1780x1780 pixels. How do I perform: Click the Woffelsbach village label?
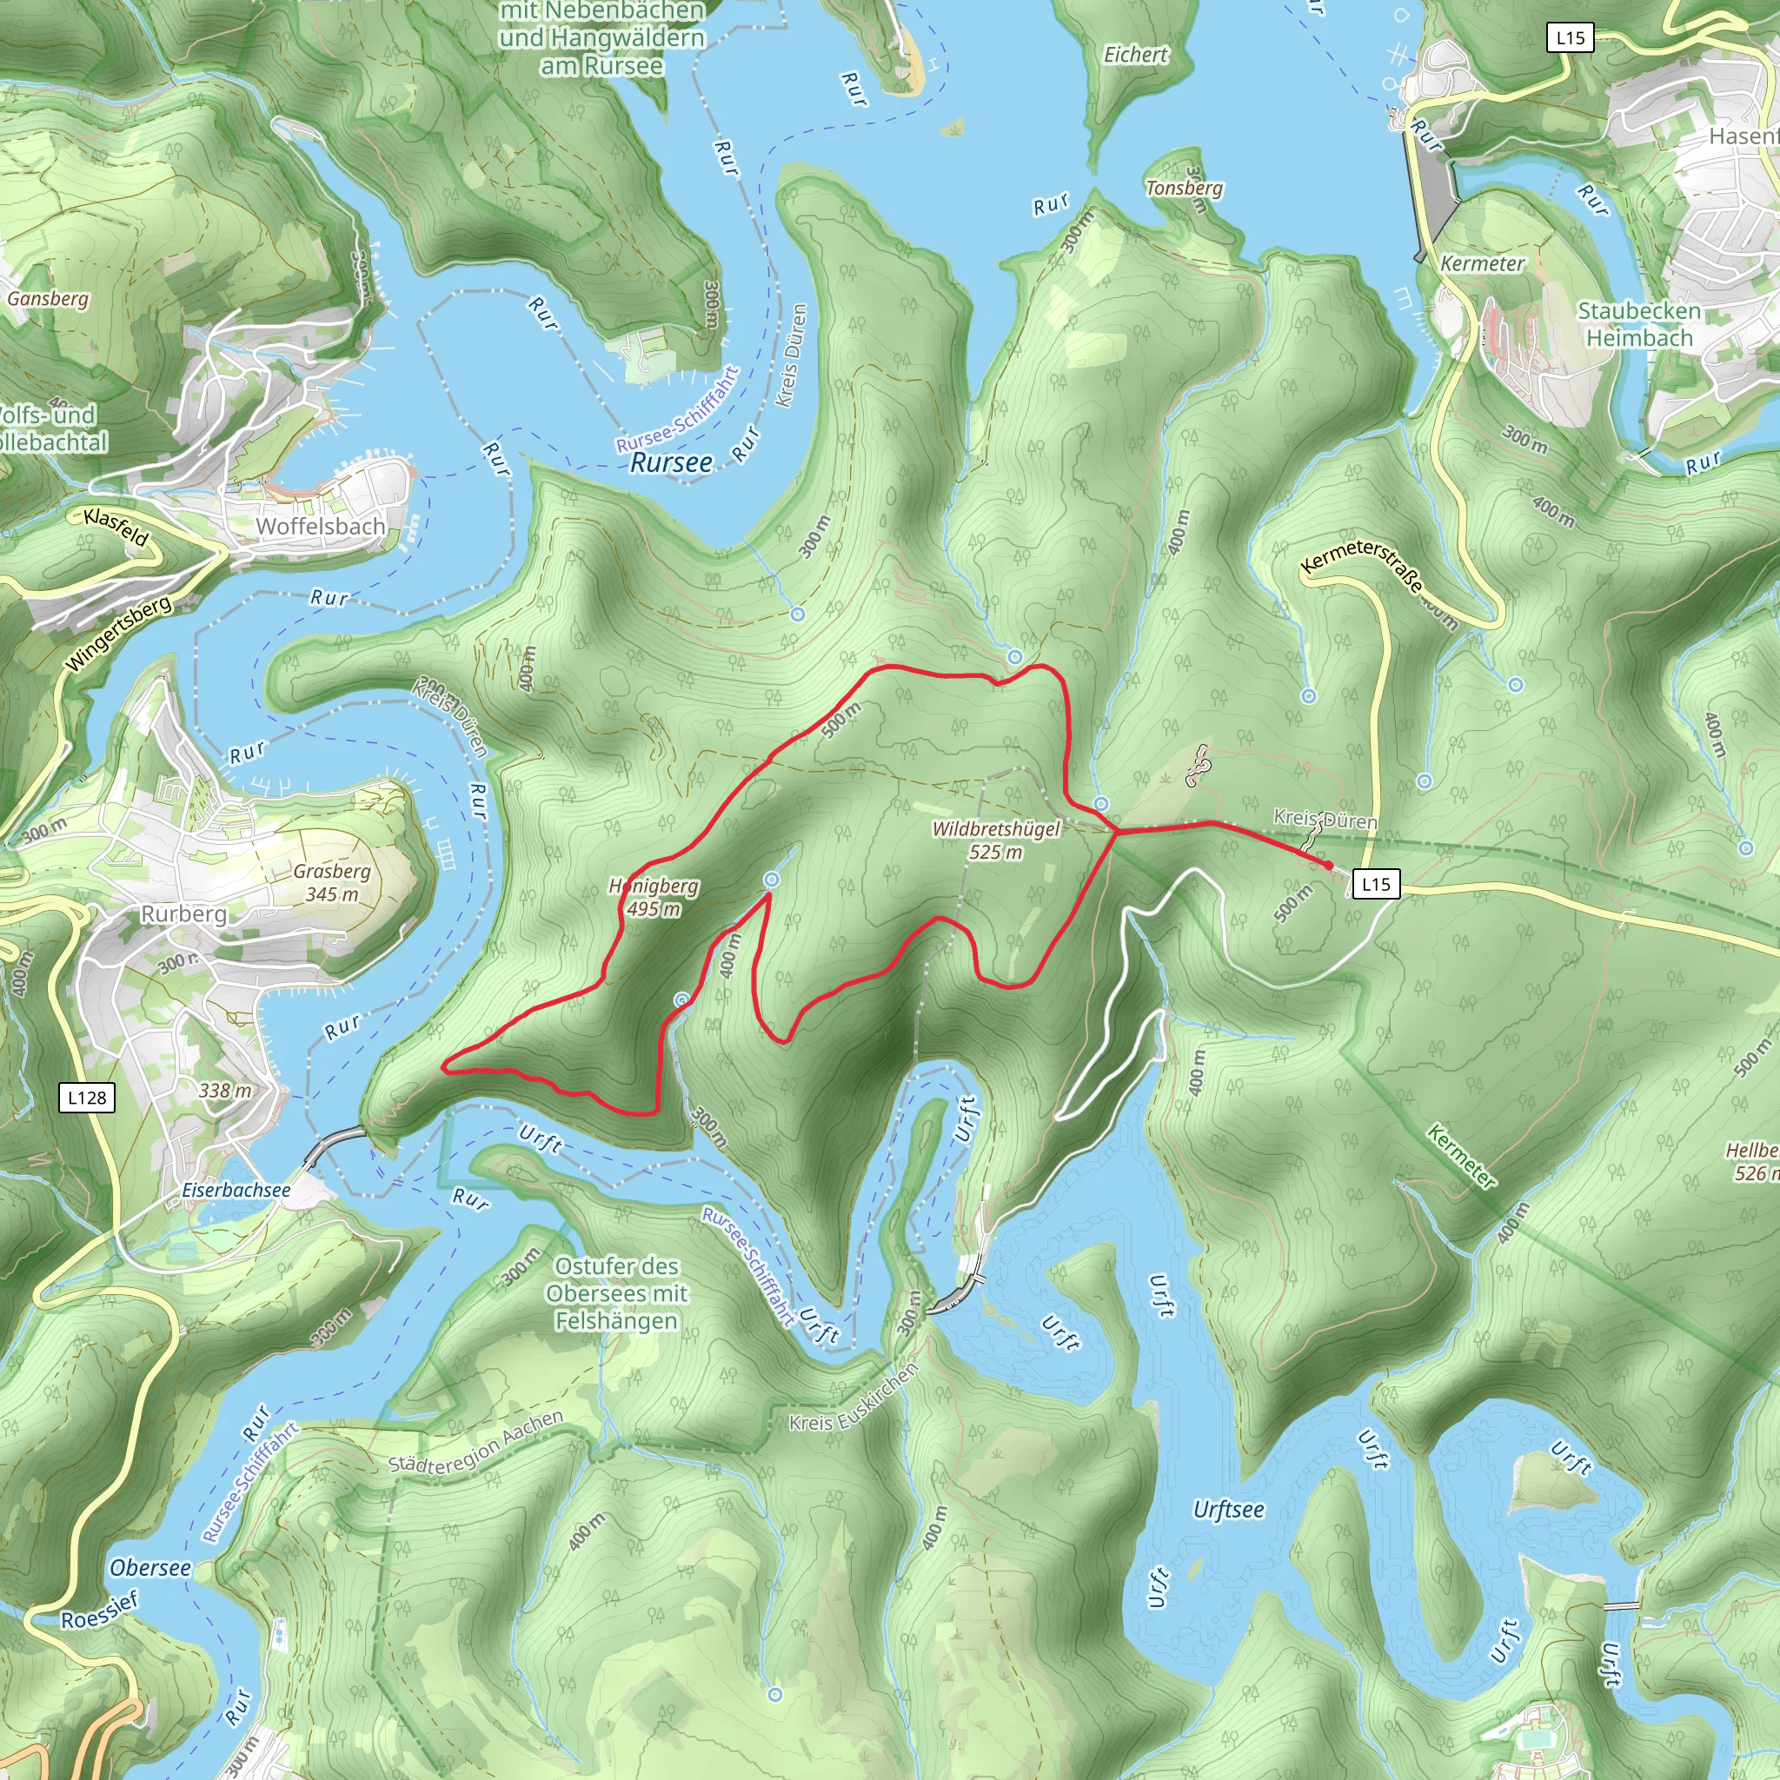pyautogui.click(x=320, y=526)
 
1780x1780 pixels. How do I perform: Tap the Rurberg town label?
pyautogui.click(x=183, y=913)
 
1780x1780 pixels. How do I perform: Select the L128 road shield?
pyautogui.click(x=87, y=1098)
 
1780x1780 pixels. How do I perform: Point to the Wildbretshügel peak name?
pyautogui.click(x=996, y=828)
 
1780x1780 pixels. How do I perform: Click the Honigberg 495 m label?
pyautogui.click(x=654, y=896)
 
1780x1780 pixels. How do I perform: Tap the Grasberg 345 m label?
pyautogui.click(x=332, y=881)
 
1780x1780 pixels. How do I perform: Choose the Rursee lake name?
pyautogui.click(x=671, y=462)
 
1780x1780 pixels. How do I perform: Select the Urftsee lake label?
pyautogui.click(x=1228, y=1509)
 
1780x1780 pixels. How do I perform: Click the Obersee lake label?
pyautogui.click(x=150, y=1567)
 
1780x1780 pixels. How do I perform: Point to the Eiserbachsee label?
pyautogui.click(x=236, y=1190)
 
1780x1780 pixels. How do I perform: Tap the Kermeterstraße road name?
pyautogui.click(x=1363, y=564)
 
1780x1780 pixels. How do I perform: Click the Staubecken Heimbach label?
pyautogui.click(x=1639, y=324)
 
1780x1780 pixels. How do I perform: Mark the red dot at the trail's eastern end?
pyautogui.click(x=1328, y=864)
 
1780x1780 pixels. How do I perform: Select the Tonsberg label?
pyautogui.click(x=1184, y=188)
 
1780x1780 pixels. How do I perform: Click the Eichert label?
pyautogui.click(x=1135, y=56)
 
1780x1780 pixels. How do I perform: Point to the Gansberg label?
pyautogui.click(x=48, y=298)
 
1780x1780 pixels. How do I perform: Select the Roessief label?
pyautogui.click(x=99, y=1610)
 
